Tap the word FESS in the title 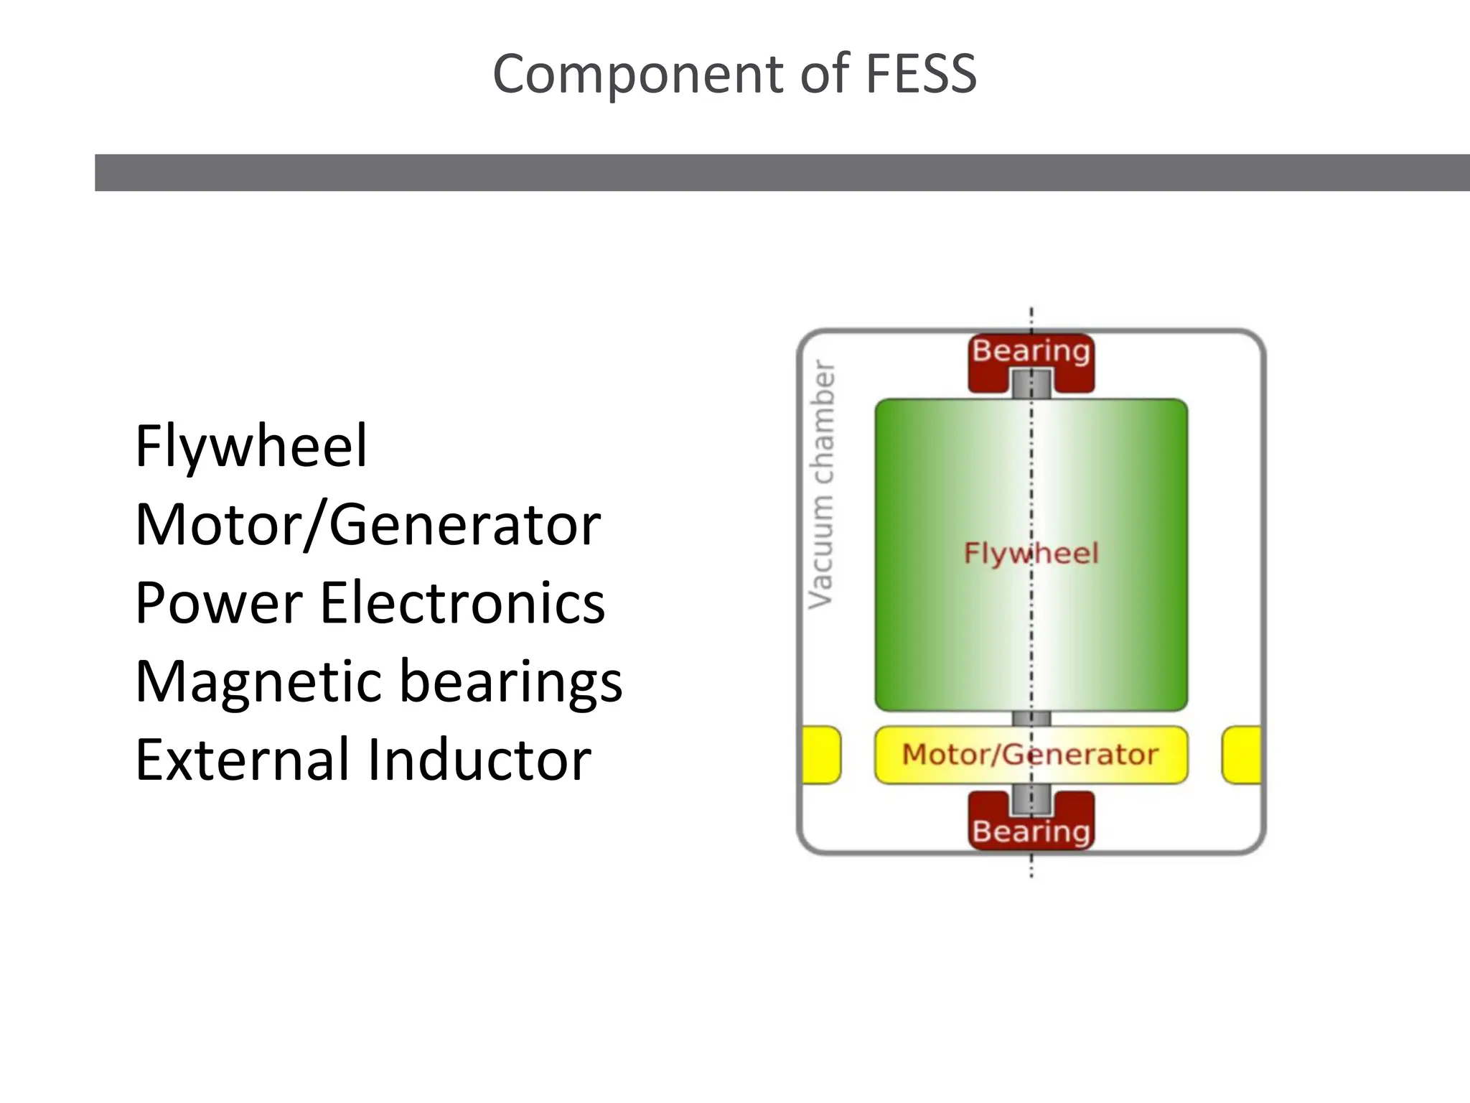[921, 74]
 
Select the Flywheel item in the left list [251, 446]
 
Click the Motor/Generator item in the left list [367, 525]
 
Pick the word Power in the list [218, 603]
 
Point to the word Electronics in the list [462, 603]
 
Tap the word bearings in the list [510, 681]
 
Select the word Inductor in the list [479, 760]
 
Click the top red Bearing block [1031, 352]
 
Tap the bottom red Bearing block [1031, 832]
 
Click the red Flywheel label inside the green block [1031, 554]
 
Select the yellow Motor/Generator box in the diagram [1031, 755]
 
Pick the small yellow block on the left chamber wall [821, 755]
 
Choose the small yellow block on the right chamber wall [1242, 755]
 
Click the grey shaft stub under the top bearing [1031, 384]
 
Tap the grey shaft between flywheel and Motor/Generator [1031, 719]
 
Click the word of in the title [825, 74]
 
